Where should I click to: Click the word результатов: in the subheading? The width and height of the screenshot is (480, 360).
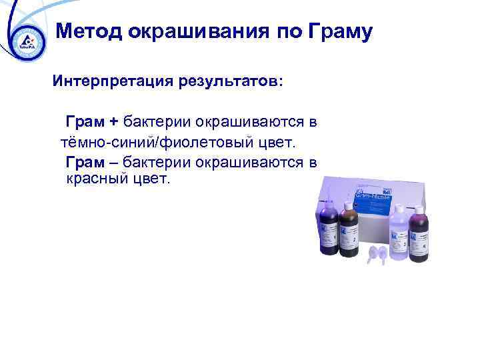click(x=229, y=81)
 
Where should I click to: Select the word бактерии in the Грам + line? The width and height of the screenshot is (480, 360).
click(x=157, y=122)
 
